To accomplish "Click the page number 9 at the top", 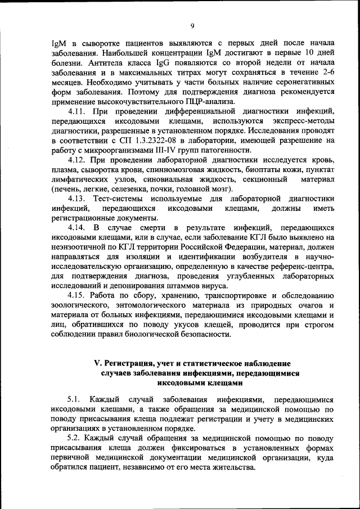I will [192, 25].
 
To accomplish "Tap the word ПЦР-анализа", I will [226, 102].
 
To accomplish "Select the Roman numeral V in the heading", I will [96, 363].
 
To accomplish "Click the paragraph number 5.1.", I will [75, 399].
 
